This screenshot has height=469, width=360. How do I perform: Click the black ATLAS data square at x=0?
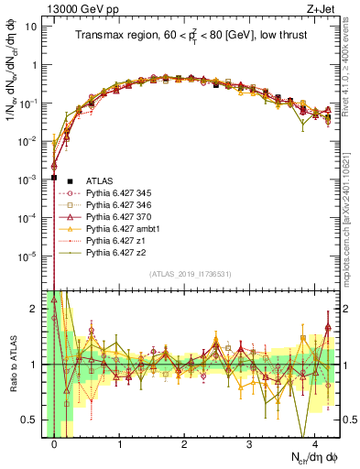(x=55, y=178)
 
